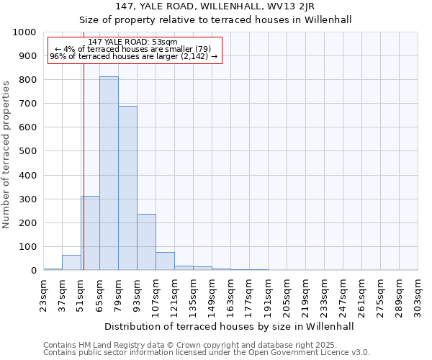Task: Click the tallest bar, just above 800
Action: (109, 173)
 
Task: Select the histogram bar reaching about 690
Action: (127, 188)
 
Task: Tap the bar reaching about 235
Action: (146, 242)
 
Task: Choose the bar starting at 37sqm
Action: (71, 263)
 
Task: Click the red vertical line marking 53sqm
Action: (84, 144)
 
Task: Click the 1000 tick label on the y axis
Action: (24, 32)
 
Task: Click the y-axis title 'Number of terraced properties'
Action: (6, 154)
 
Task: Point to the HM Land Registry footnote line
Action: (189, 345)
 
